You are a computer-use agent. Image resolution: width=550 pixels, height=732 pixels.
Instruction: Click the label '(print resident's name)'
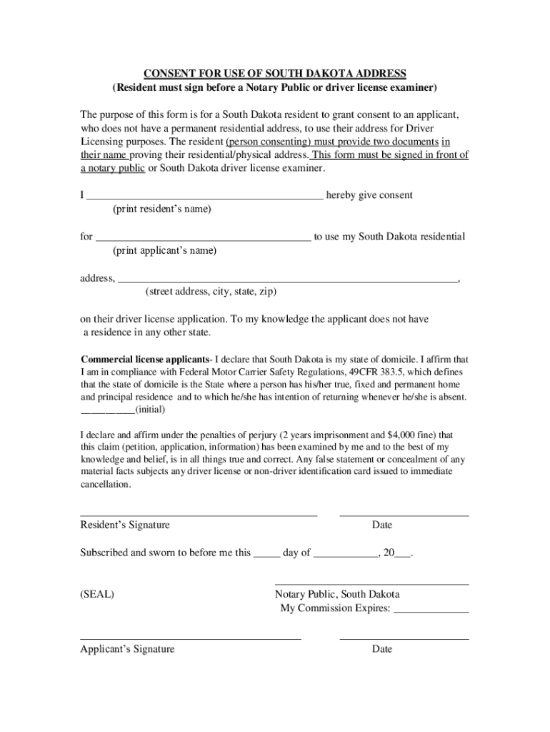click(x=162, y=209)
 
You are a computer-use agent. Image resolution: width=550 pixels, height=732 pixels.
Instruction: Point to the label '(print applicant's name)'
click(x=164, y=251)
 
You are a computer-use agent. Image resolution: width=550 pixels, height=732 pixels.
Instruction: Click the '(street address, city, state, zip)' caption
click(x=211, y=292)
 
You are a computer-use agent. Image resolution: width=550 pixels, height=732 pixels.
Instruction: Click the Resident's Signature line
click(x=199, y=515)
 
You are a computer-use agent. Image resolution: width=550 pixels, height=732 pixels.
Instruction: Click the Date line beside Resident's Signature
click(x=404, y=515)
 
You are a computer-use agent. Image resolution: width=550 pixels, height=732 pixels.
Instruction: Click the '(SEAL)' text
click(x=97, y=595)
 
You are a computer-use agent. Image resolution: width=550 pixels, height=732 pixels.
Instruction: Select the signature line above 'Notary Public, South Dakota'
click(x=371, y=585)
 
